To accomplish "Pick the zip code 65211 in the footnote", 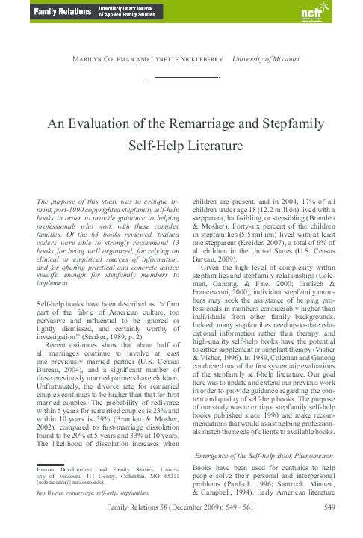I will [172, 476].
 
